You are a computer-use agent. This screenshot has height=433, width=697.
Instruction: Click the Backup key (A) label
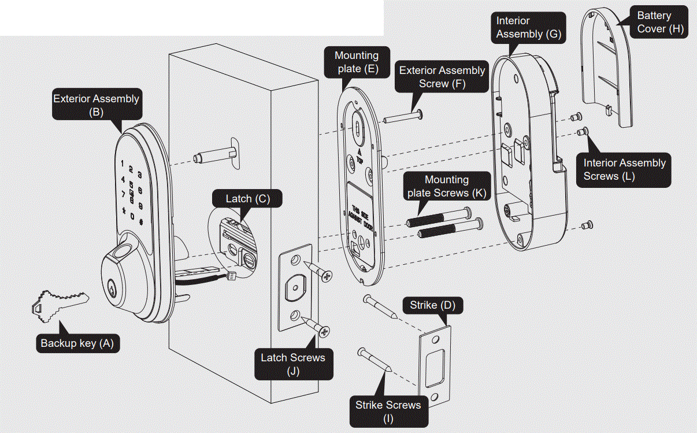(x=77, y=343)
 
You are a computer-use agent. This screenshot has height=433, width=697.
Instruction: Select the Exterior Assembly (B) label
(x=96, y=105)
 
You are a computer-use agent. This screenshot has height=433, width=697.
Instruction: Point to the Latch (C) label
(x=247, y=199)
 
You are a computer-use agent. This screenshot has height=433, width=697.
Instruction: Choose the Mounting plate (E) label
(x=356, y=62)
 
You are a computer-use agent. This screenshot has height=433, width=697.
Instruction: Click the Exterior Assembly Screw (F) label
(x=442, y=77)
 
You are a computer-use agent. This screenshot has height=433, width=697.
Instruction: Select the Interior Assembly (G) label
(x=528, y=27)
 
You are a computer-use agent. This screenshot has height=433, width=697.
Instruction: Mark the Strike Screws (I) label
(x=388, y=411)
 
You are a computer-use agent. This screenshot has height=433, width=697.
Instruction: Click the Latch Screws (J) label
(x=292, y=364)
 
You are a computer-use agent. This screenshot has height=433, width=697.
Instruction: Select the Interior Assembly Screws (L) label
(x=624, y=169)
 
